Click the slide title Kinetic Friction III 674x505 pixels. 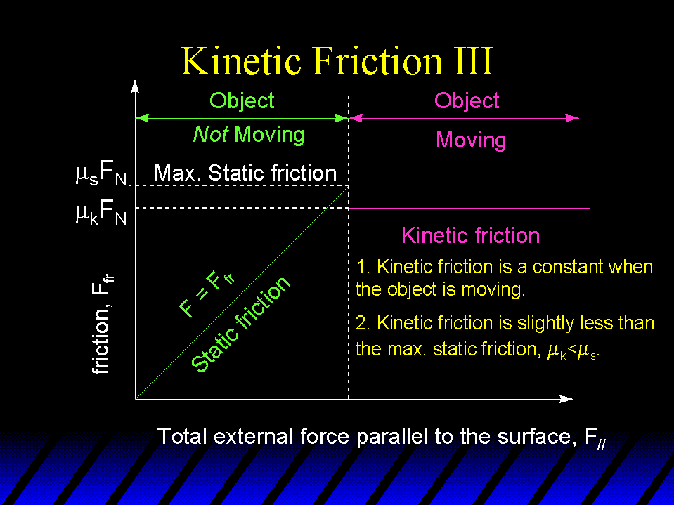tap(337, 61)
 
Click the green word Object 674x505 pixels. tap(242, 101)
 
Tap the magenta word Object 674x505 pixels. tap(467, 101)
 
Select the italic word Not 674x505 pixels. tap(211, 134)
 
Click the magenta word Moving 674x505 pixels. tap(471, 140)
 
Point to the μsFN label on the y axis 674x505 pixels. tap(101, 173)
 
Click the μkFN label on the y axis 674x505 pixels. tap(101, 213)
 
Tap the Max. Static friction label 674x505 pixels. tap(245, 173)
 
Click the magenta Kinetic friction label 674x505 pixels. tap(470, 236)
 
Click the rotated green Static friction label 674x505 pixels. tap(240, 324)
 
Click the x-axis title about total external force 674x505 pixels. tap(382, 437)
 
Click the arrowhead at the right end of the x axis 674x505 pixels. tap(566, 399)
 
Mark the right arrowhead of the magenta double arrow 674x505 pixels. tap(572, 118)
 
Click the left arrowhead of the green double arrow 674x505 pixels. tap(142, 118)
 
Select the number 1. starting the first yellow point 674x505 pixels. tap(363, 267)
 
